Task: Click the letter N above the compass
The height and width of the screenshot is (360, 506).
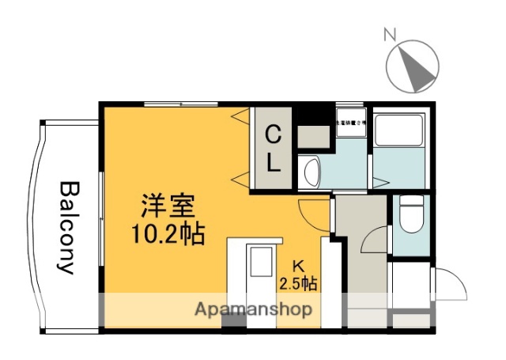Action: click(x=389, y=35)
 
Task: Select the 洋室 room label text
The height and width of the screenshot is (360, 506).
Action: click(x=168, y=208)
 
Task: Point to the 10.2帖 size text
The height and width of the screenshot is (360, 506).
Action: click(x=168, y=233)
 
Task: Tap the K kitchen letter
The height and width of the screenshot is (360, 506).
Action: click(x=299, y=266)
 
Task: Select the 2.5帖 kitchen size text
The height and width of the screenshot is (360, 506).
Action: click(x=299, y=282)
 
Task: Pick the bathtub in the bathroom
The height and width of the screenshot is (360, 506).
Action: click(x=400, y=130)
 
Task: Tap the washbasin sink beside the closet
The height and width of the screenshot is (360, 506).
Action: click(x=309, y=171)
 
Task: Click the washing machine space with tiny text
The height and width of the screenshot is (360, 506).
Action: click(x=351, y=124)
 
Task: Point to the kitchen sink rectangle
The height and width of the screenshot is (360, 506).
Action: click(x=259, y=261)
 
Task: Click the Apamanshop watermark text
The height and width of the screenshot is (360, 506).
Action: click(x=253, y=309)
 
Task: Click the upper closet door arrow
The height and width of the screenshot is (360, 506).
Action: click(x=238, y=116)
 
